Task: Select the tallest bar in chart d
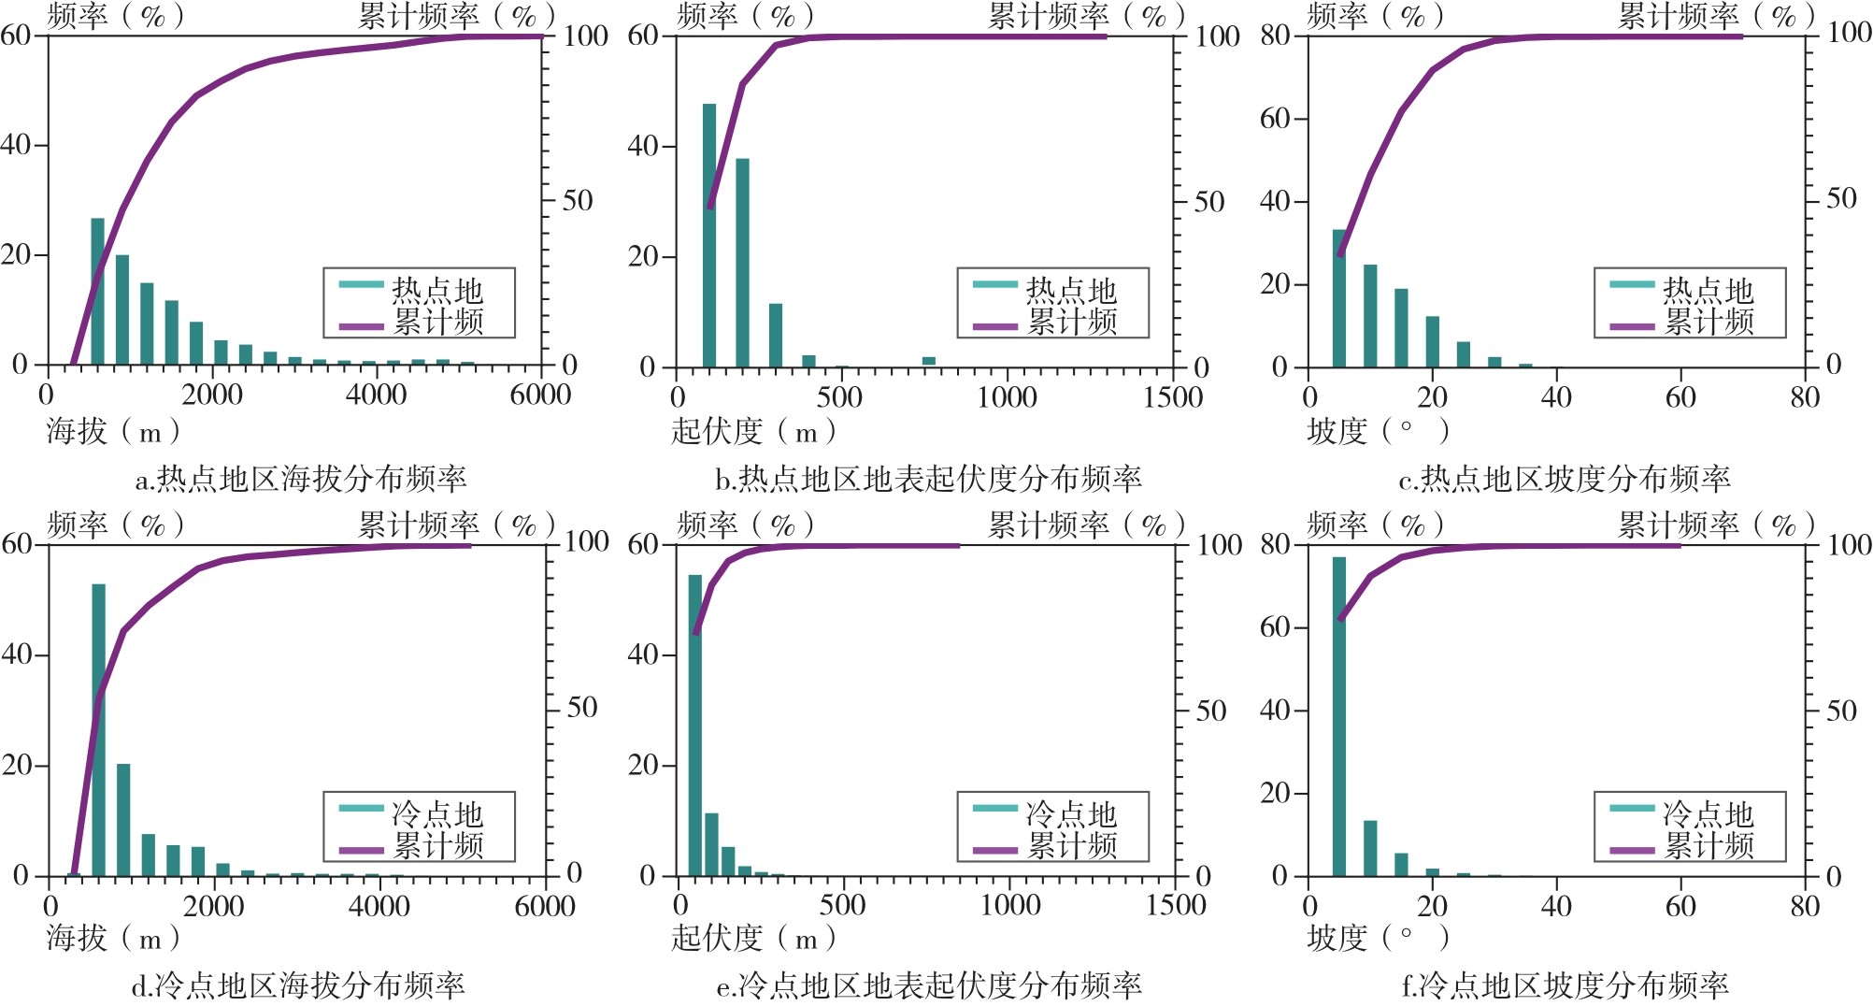tap(98, 729)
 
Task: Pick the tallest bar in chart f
tap(1339, 716)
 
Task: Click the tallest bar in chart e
tap(694, 726)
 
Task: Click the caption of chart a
tap(301, 480)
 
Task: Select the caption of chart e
tap(928, 985)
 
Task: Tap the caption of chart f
tap(1566, 985)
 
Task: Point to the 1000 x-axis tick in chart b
tap(1007, 397)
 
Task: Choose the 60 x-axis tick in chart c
tap(1680, 397)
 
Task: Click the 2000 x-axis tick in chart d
tap(214, 906)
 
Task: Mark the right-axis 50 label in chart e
tap(1210, 711)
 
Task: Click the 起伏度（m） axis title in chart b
tap(753, 432)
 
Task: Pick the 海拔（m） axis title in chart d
tap(113, 938)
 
